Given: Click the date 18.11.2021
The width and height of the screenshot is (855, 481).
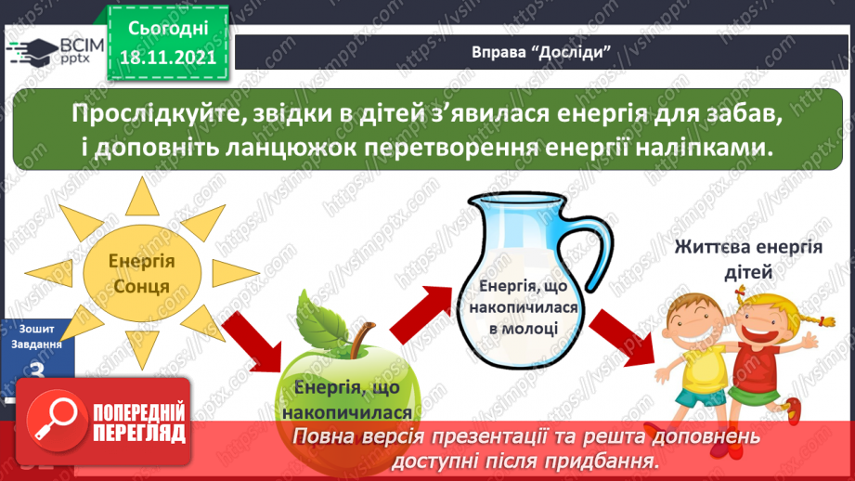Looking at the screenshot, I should [168, 57].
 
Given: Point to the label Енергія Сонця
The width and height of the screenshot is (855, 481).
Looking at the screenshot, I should [142, 273].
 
